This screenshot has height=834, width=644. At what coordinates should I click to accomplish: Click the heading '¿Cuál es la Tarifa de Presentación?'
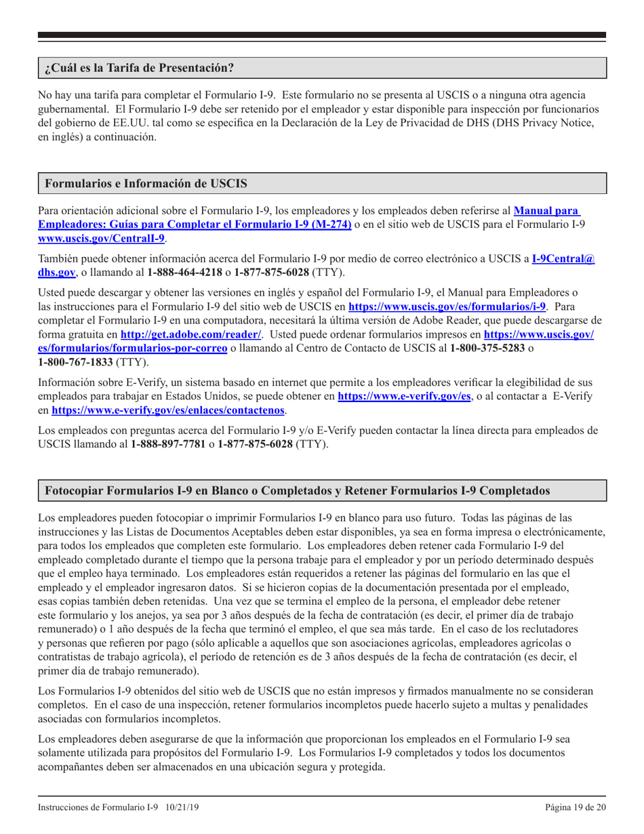(139, 68)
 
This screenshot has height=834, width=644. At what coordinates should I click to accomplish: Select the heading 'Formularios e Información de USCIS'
(145, 184)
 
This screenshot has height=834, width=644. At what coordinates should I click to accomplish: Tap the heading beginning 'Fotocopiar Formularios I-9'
(298, 489)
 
